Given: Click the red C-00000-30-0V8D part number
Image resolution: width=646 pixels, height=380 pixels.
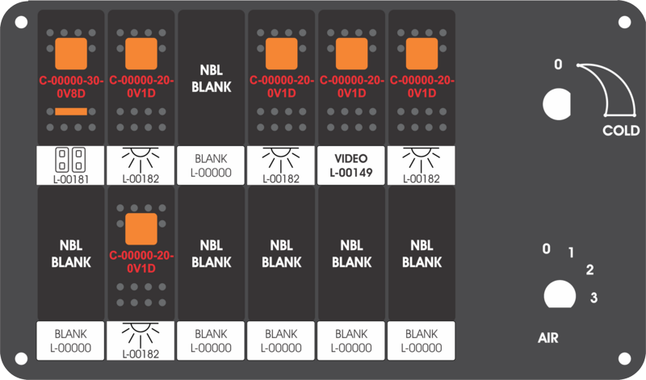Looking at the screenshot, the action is (x=71, y=87).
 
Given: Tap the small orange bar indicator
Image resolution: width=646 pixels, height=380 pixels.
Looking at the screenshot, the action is (x=71, y=111).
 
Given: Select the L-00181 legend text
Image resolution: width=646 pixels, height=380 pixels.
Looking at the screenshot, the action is (x=71, y=179).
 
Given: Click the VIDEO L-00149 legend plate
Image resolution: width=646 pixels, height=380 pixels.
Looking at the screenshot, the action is (x=351, y=165).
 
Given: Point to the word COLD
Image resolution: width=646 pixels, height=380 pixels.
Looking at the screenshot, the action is (x=621, y=131).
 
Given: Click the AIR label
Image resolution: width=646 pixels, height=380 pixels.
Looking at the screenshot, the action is (x=548, y=338).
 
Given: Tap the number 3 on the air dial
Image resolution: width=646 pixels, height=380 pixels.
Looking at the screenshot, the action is (x=594, y=297).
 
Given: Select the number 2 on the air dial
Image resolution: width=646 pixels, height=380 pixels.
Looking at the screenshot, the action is (x=590, y=269).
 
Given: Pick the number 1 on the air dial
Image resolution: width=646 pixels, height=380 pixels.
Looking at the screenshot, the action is (x=571, y=253).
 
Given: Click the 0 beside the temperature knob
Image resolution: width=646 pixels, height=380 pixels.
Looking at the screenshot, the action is (x=558, y=65).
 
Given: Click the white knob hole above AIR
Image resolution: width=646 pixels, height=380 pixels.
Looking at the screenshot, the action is (x=560, y=294).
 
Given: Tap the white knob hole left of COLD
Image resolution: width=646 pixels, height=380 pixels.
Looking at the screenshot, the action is (x=557, y=104).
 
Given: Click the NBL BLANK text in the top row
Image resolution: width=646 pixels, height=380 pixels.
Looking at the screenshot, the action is (x=212, y=78).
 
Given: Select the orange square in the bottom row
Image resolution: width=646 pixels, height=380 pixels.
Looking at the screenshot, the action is (x=141, y=229).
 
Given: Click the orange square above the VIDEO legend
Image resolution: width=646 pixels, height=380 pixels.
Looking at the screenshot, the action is (x=352, y=54).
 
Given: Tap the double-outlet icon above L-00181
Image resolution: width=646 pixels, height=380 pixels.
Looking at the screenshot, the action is (x=70, y=160).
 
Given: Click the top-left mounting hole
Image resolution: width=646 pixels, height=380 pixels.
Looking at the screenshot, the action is (x=22, y=22).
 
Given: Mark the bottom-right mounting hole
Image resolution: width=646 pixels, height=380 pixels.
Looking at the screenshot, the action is (x=624, y=358).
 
